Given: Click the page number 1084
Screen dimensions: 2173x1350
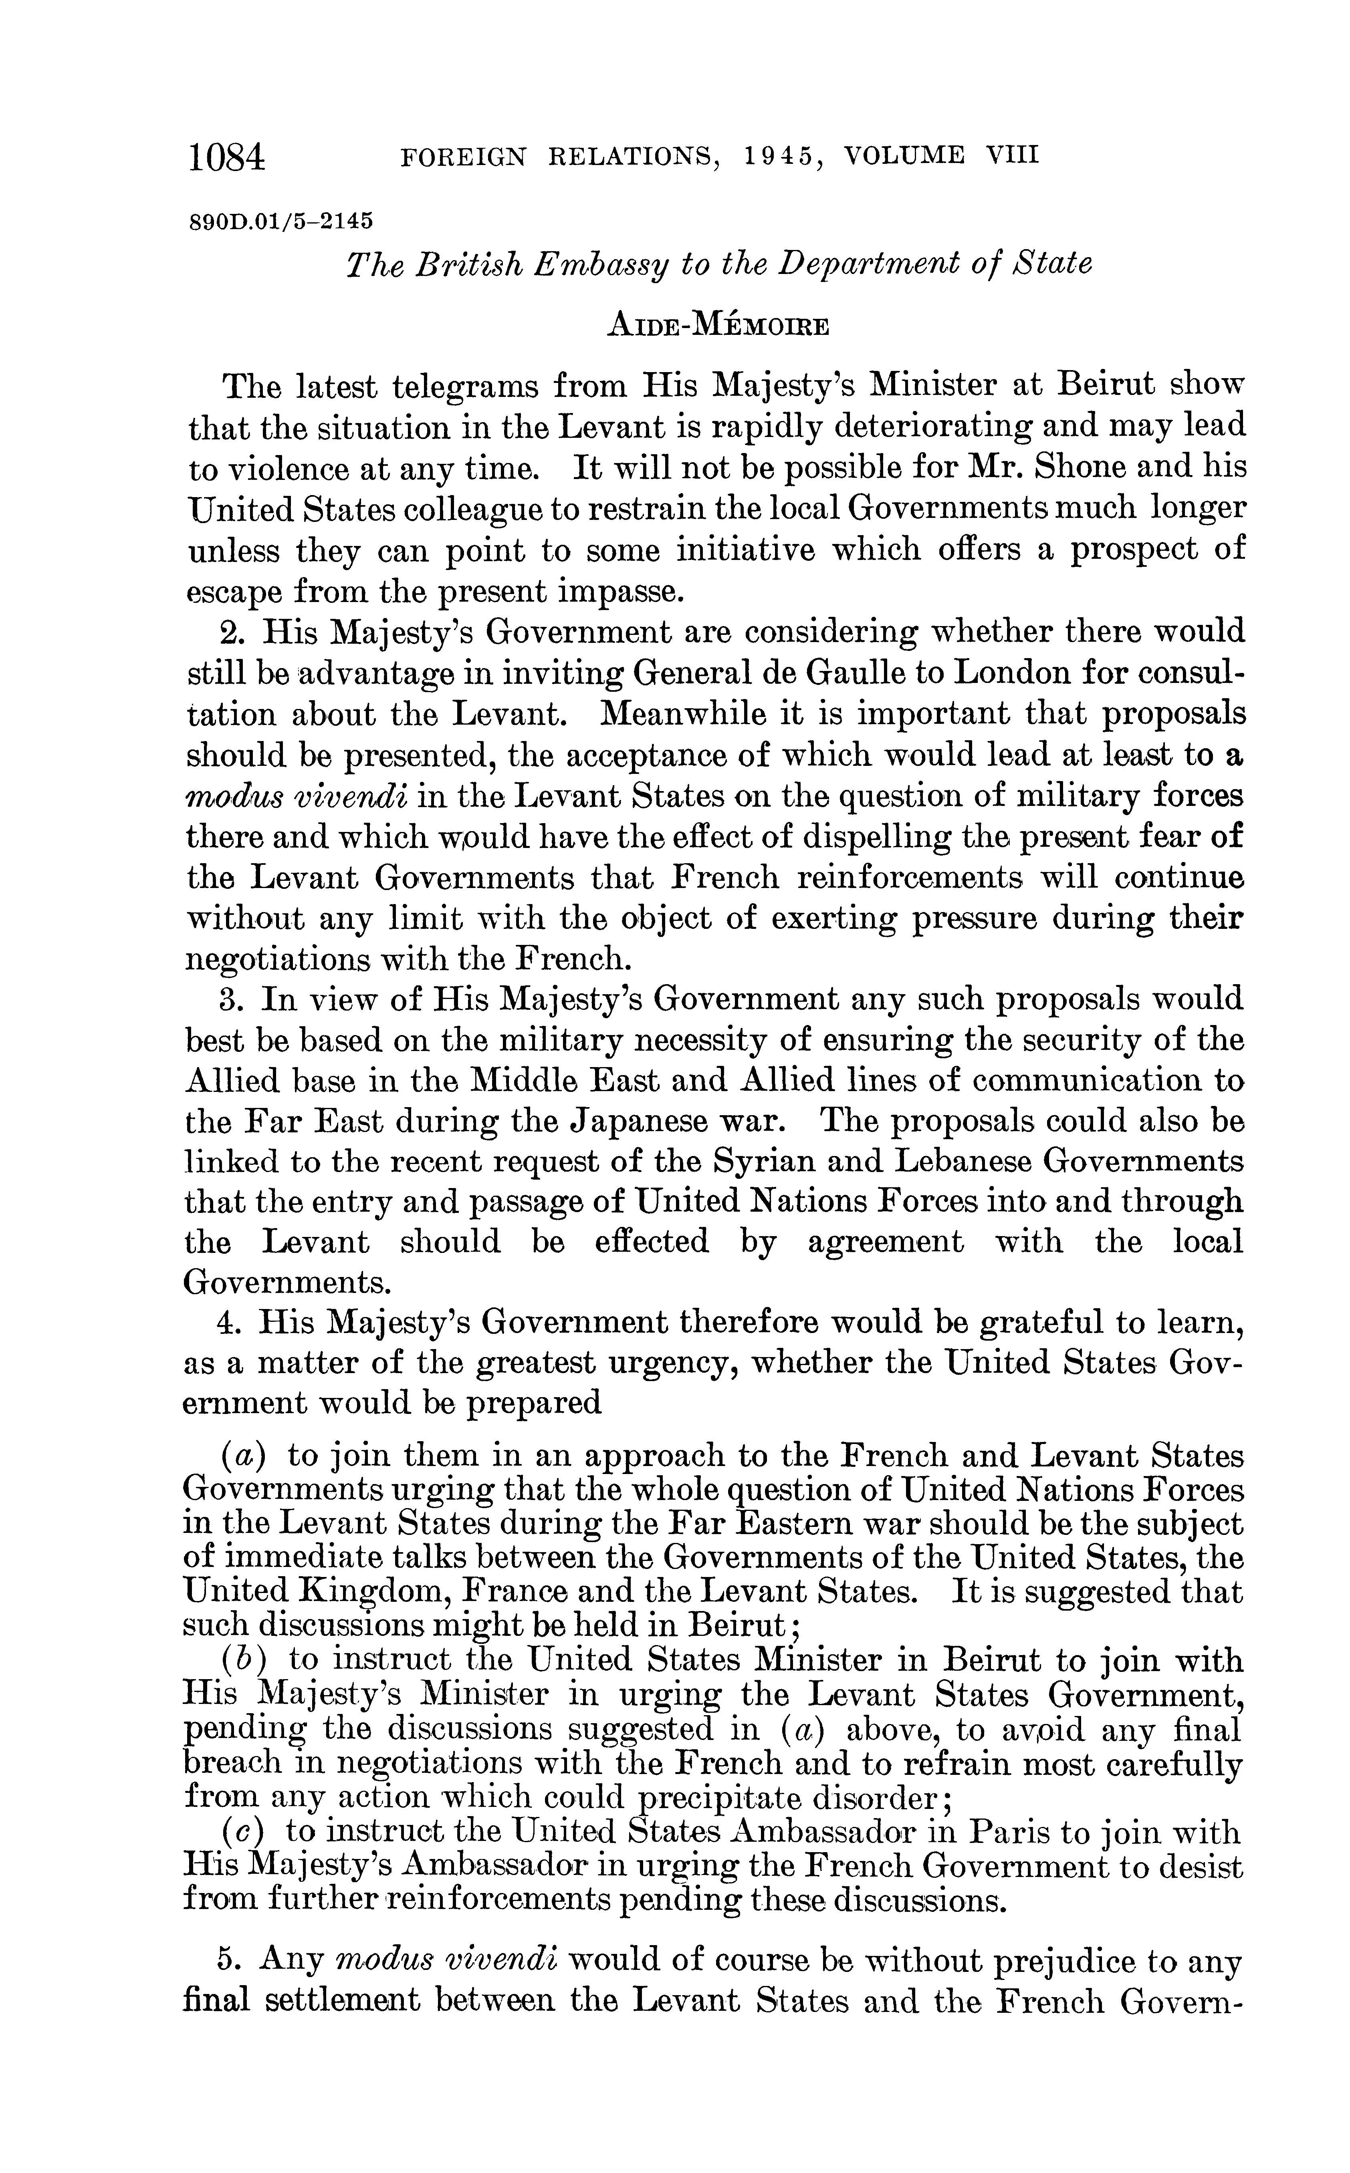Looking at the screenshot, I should point(227,158).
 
